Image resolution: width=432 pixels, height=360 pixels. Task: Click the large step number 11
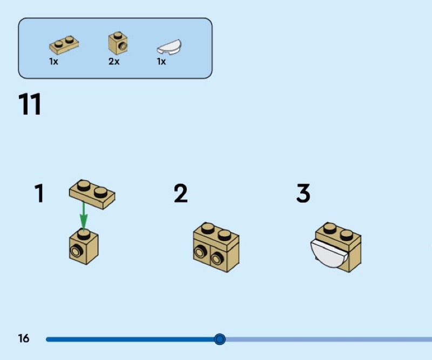point(30,104)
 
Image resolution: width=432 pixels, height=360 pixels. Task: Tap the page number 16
point(24,339)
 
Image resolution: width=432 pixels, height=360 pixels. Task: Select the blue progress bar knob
point(219,339)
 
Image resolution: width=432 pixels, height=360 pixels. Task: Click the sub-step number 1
point(39,194)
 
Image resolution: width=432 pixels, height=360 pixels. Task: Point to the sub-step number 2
point(181,194)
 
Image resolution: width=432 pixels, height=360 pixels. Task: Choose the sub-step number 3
point(303,194)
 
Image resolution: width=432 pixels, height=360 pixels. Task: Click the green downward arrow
point(83,216)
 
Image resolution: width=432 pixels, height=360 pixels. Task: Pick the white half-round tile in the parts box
point(170,47)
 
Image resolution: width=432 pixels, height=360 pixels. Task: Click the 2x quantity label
point(113,62)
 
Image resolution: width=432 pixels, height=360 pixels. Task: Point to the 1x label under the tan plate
point(53,62)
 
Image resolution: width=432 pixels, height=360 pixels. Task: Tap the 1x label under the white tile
point(161,62)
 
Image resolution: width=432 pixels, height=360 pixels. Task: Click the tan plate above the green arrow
point(92,194)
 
